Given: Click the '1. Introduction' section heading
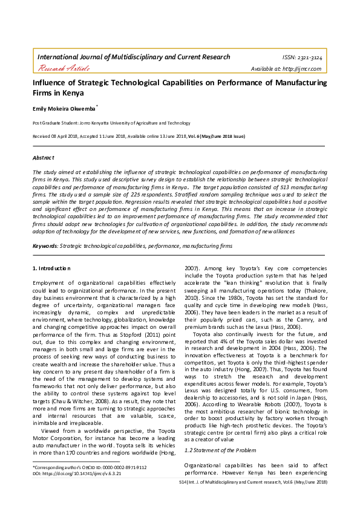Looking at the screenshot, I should (x=51, y=268).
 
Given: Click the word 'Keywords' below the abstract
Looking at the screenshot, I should (x=44, y=247).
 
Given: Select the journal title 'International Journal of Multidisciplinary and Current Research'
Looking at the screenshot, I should (x=134, y=57).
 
